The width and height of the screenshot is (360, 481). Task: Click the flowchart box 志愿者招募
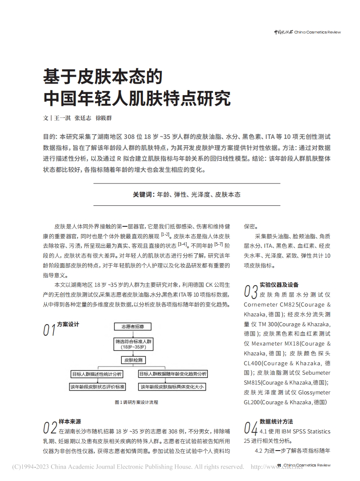coord(132,327)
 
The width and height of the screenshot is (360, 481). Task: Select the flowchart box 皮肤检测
coord(132,360)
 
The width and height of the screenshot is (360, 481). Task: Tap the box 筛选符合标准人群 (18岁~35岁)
coord(132,343)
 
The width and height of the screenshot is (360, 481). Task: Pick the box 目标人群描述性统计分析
coord(97,374)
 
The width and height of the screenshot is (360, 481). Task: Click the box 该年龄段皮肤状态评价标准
coord(97,387)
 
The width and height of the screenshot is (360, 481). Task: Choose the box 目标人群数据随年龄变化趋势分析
coord(173,374)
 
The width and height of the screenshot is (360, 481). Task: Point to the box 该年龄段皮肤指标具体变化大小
coord(173,387)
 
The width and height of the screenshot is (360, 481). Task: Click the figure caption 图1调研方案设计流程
coord(136,402)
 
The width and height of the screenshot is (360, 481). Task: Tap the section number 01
coord(49,330)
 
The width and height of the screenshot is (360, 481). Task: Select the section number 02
coord(50,428)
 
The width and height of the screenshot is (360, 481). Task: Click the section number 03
coord(250,291)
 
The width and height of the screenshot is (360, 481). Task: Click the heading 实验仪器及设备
coord(279,285)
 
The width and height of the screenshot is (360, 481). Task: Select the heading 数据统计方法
coord(276,422)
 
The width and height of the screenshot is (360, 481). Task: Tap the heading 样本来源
coord(70,422)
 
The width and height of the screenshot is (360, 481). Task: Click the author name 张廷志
coord(83,118)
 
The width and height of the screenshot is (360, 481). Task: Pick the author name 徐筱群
coord(103,118)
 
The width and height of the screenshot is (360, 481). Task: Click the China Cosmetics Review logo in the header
coord(307,32)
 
